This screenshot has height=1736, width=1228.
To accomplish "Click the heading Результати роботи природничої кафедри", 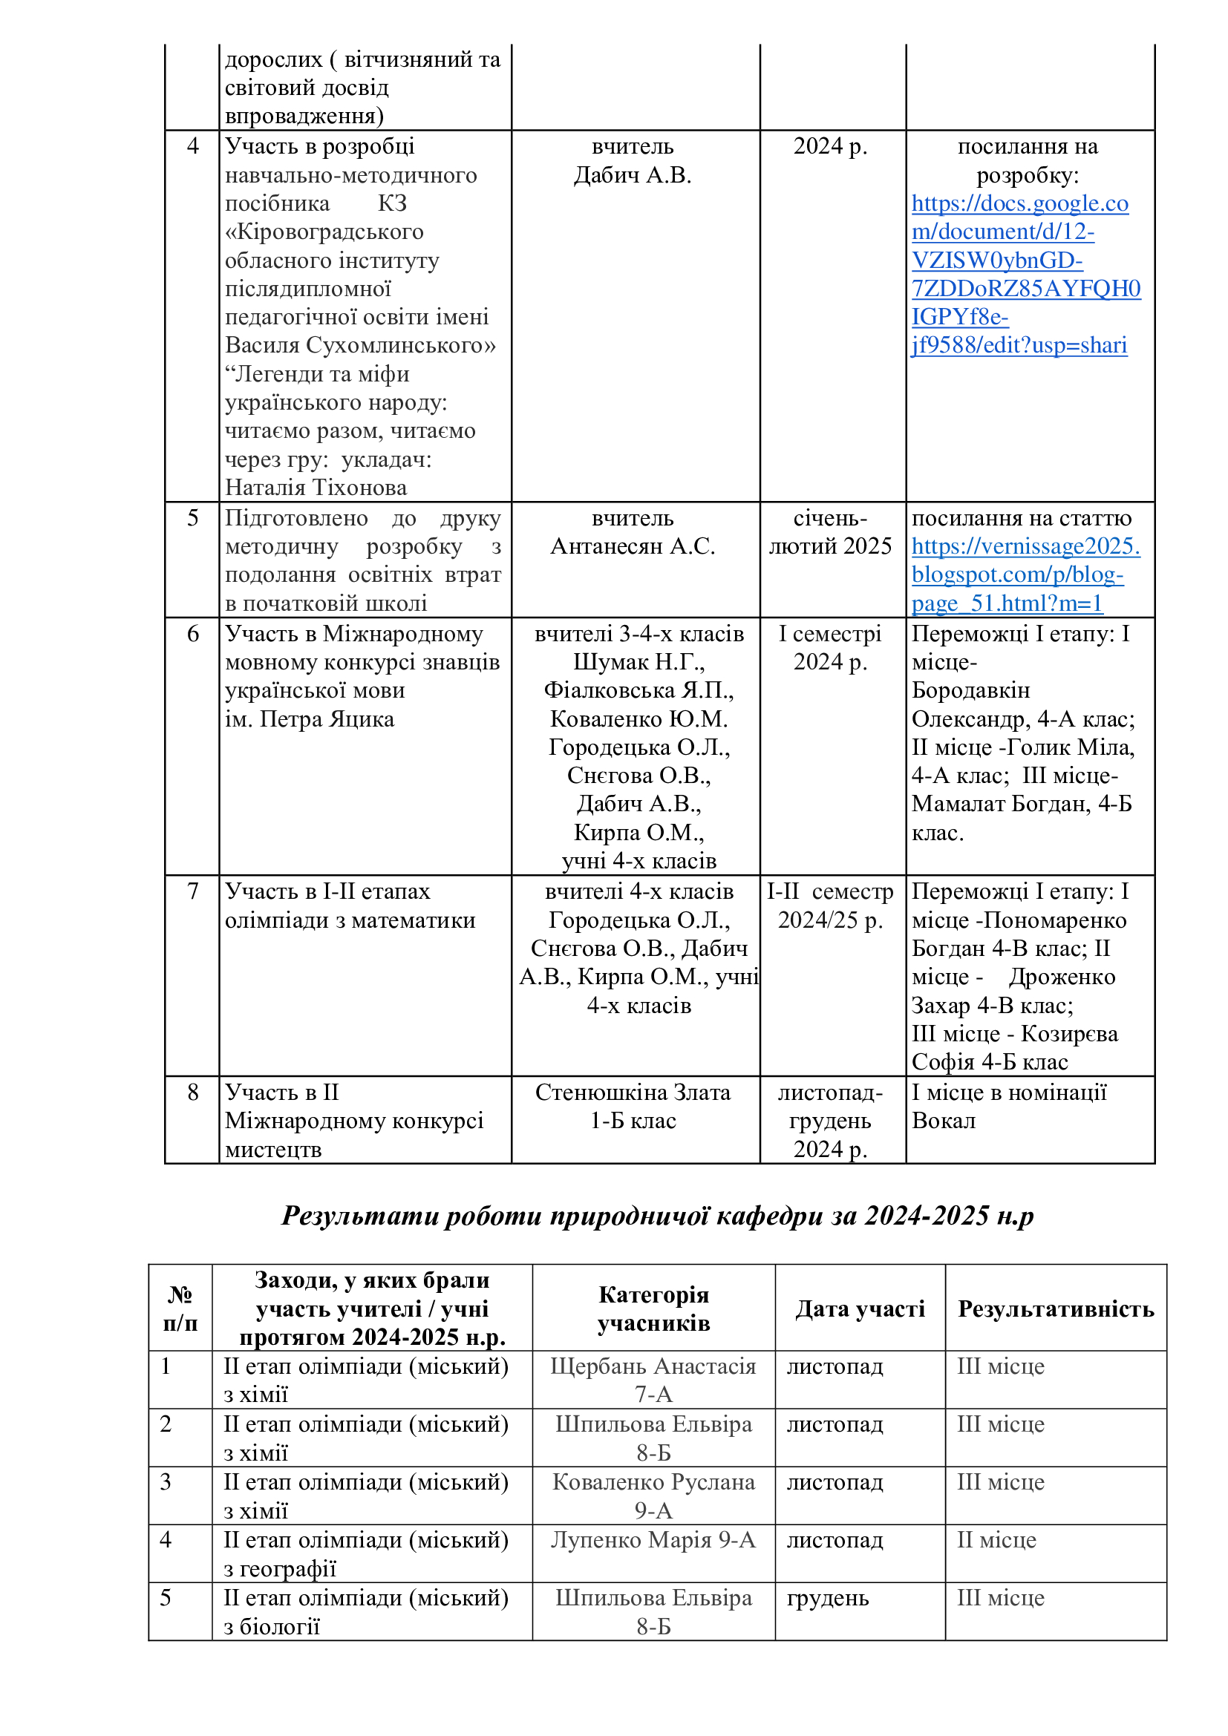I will coord(658,1215).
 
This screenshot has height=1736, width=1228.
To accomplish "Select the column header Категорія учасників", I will coord(653,1308).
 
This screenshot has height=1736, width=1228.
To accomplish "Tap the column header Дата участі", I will coord(860,1308).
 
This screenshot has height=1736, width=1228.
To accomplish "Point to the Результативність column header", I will coord(1056,1308).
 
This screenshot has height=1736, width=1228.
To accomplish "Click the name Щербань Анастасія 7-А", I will coord(653,1380).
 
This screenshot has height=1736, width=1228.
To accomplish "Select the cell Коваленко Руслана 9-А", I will coord(653,1496).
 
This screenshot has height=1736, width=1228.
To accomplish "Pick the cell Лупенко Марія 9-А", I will coord(653,1540).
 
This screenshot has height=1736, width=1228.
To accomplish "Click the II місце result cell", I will coord(996,1540).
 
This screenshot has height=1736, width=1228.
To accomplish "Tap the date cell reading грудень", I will coord(827,1599).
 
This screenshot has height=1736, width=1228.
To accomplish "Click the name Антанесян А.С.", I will coord(633,546).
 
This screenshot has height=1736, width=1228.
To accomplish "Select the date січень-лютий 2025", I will coord(830,532).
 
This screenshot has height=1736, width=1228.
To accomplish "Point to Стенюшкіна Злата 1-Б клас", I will coord(633,1106).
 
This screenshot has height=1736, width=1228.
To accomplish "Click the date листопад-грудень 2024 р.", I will coord(830,1121).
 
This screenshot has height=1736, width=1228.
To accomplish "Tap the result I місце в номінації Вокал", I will coord(1009,1106).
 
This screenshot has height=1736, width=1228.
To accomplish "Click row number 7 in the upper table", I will coord(193,891).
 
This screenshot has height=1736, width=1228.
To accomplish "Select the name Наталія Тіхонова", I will coord(316,488).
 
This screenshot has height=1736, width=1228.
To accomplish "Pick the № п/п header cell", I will coord(180,1308).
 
